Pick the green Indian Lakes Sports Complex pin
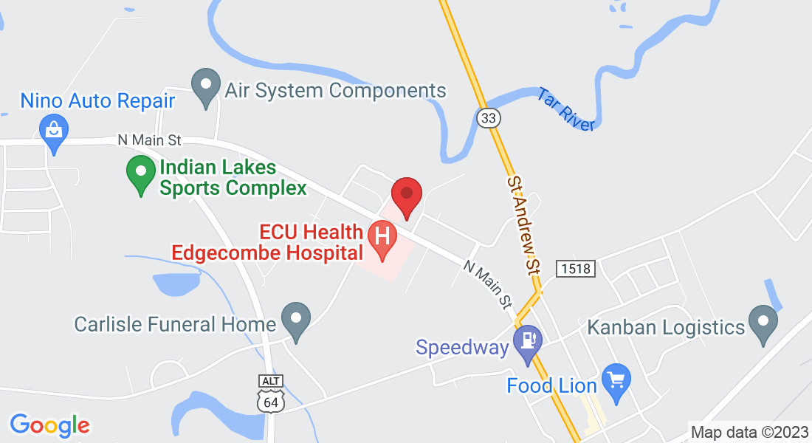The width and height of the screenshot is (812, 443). coord(140,174)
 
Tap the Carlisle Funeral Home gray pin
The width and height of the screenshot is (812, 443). coord(297,320)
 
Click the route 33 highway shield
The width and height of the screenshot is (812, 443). coord(489,118)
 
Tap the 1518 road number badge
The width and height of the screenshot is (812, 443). coord(575,268)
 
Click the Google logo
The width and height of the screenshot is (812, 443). coord(49,425)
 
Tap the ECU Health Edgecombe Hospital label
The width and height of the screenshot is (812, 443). coord(267,242)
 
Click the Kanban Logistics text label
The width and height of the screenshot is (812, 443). coord(666,326)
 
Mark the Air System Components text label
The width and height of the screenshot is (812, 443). coord(336,90)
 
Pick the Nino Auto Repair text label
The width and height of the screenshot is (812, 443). coord(97,100)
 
